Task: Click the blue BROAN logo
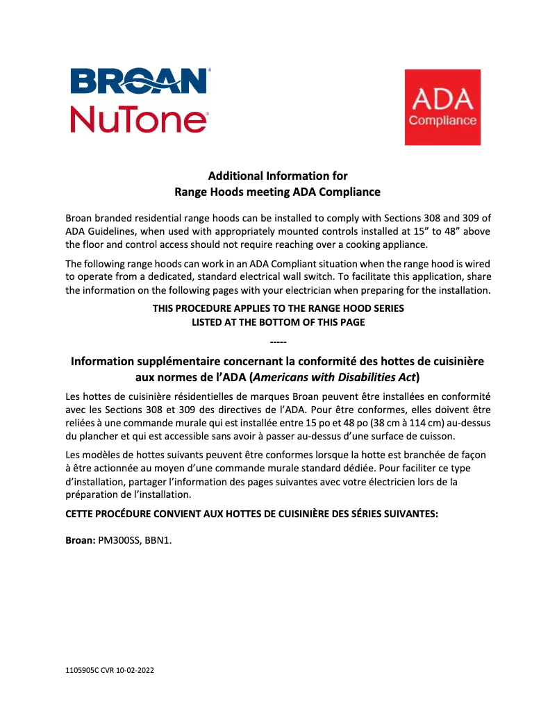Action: pos(140,81)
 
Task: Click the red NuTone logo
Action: pos(140,118)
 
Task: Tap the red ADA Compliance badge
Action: pos(442,107)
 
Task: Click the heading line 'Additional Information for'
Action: pos(278,176)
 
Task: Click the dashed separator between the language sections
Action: pos(278,342)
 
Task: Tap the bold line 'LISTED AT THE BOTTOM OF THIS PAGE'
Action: pos(278,322)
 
